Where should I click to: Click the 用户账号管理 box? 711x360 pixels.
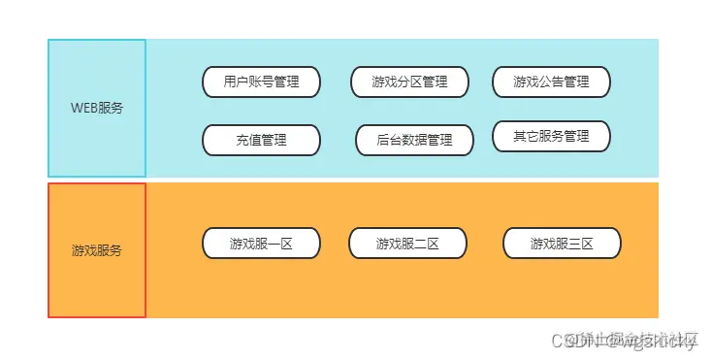click(x=261, y=82)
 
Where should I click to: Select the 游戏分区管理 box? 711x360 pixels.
click(x=409, y=82)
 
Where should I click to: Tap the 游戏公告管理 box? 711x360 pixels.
click(x=551, y=82)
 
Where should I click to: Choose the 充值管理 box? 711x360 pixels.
click(x=261, y=140)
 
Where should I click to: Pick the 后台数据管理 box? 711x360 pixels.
click(x=415, y=140)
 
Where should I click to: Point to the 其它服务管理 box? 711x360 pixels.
click(x=551, y=136)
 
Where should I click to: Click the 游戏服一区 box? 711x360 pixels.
click(x=261, y=244)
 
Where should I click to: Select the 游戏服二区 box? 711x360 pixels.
click(x=407, y=244)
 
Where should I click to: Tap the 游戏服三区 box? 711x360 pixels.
click(x=562, y=244)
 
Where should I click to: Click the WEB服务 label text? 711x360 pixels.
click(x=97, y=108)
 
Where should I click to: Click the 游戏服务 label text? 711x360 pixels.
click(x=97, y=250)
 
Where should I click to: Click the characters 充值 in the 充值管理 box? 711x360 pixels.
click(x=248, y=140)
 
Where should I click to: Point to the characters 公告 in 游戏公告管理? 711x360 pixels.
click(x=551, y=82)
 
